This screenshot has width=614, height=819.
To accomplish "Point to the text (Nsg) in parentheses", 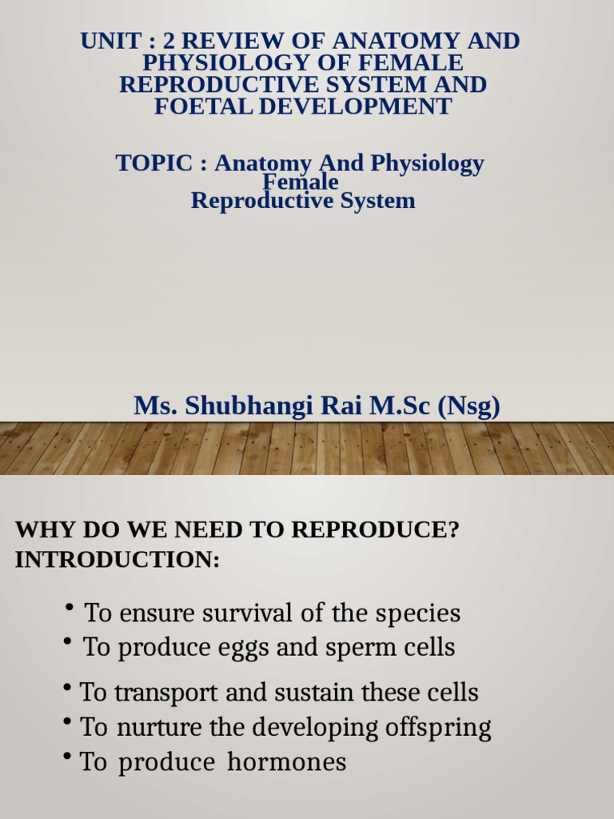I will click(x=468, y=406).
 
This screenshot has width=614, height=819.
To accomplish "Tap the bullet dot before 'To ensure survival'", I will click(x=70, y=610).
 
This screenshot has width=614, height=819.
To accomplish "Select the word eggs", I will click(x=243, y=648).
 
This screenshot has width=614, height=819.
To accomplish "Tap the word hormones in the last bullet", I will click(x=287, y=762).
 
